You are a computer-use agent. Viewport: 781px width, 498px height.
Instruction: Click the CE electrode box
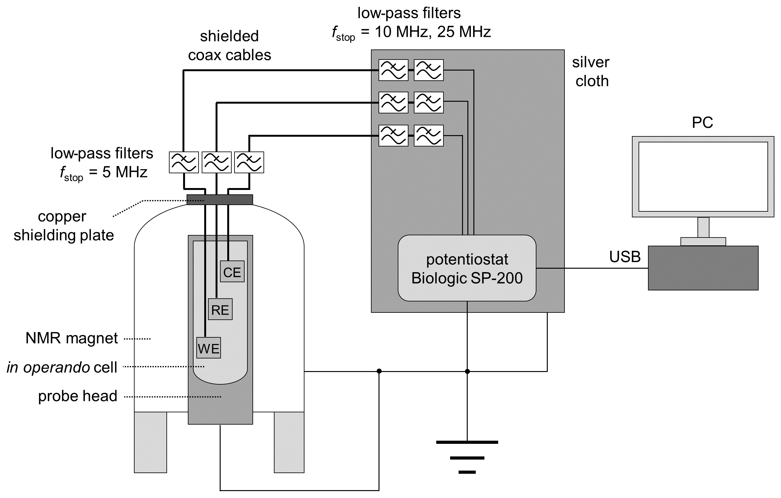232,272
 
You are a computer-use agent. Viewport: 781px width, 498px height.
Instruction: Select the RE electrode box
220,309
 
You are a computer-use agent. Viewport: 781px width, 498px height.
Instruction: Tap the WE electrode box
209,348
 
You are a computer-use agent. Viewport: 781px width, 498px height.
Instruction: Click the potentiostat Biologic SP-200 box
467,268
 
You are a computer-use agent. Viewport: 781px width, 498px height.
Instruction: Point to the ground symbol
467,457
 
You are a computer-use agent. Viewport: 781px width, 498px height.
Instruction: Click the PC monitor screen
703,177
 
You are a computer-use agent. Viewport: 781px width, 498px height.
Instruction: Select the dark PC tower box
703,268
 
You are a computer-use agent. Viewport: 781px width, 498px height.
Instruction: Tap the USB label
625,257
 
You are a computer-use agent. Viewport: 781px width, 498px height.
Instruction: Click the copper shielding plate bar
220,200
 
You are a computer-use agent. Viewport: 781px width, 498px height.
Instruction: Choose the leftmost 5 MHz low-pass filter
184,163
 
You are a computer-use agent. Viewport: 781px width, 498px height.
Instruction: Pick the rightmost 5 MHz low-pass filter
249,163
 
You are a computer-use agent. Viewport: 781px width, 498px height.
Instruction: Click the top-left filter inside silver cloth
393,70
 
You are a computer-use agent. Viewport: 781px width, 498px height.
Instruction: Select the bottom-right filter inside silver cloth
429,135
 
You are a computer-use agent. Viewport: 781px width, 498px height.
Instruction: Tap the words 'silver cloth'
591,72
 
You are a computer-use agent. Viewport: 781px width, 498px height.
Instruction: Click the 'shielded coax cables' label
230,46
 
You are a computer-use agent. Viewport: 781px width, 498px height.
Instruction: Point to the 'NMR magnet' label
72,338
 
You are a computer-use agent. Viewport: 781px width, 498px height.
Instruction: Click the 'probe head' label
78,396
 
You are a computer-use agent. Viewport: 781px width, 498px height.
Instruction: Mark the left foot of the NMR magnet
150,442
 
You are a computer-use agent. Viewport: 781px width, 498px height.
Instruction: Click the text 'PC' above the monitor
703,123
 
